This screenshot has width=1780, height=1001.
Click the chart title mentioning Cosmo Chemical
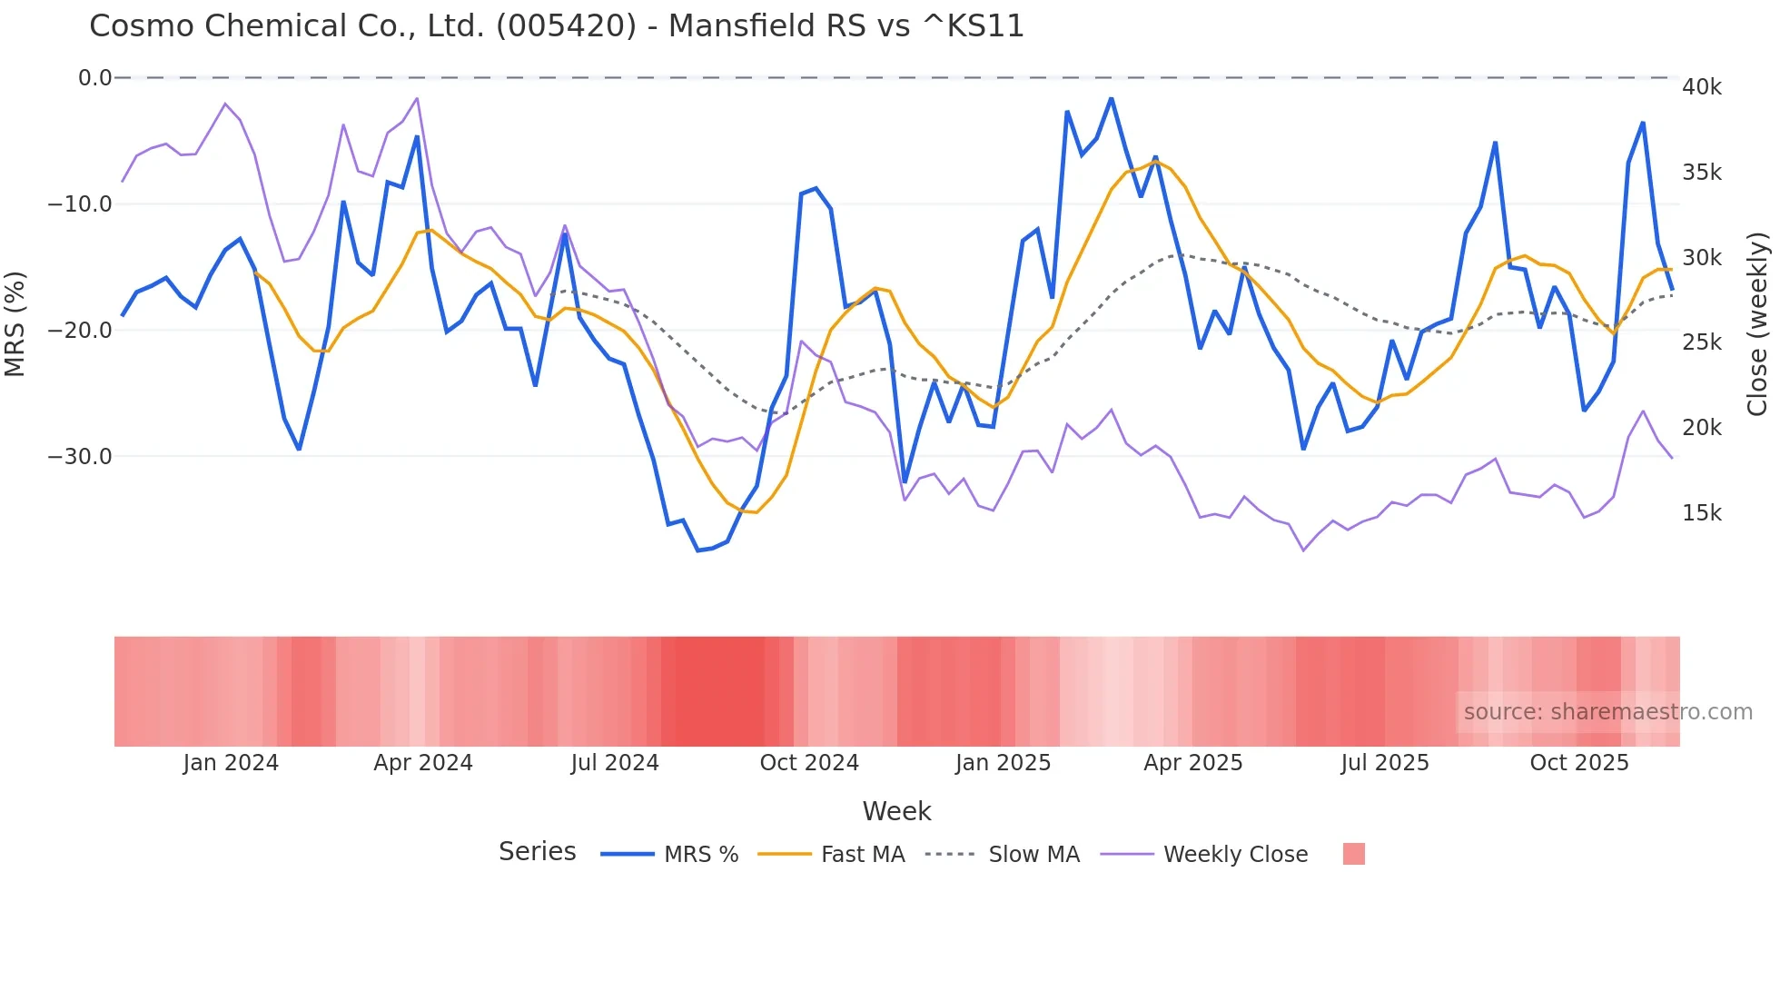556,26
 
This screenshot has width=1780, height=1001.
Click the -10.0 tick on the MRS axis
80,204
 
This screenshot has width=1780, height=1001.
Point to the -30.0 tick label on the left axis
80,457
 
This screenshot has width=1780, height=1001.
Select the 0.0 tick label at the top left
94,78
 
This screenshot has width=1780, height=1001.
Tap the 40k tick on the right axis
1701,87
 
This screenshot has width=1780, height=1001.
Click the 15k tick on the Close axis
1701,513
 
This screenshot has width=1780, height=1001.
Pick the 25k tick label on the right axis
1701,342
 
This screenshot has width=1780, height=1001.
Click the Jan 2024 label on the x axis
231,763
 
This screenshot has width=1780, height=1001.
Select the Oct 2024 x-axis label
809,763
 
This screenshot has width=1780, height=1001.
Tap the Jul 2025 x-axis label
1384,763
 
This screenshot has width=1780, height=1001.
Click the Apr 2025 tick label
1192,763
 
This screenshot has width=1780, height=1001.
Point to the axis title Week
896,811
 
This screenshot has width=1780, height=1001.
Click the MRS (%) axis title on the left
15,323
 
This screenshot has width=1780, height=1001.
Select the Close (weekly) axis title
1757,323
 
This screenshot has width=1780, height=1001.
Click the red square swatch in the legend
1353,854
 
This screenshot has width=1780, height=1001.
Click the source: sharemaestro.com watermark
1607,712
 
